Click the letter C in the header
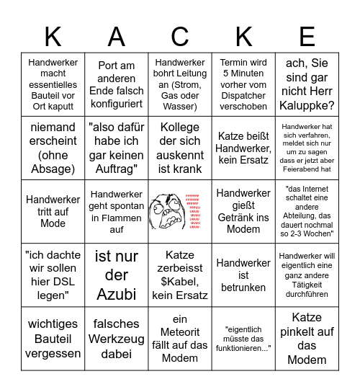pos(180,35)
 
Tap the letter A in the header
pos(117,35)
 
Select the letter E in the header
pos(307,35)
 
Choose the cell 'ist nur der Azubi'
pos(117,275)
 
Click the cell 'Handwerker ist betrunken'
pos(243,275)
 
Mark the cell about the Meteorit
pos(180,338)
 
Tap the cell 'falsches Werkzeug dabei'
pos(117,338)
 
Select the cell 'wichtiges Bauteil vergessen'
pos(53,338)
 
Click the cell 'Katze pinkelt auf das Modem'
pos(307,338)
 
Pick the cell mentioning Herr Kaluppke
pos(307,85)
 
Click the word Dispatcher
pos(243,96)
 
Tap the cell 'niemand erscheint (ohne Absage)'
pos(53,148)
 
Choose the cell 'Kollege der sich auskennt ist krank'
pos(180,148)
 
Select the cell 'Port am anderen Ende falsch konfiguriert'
pos(117,85)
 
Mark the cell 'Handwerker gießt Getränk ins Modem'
pos(243,211)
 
